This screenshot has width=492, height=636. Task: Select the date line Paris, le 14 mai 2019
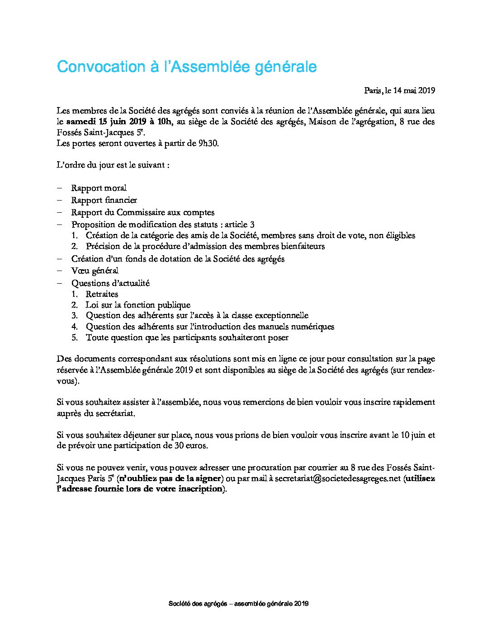point(399,90)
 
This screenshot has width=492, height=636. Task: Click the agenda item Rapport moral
point(99,188)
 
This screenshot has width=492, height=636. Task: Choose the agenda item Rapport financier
point(104,200)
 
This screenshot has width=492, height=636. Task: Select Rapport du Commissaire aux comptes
point(142,212)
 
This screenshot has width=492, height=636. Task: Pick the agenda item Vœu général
point(95,271)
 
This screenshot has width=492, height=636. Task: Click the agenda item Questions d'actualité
point(110,283)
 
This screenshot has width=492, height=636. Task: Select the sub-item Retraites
point(102,294)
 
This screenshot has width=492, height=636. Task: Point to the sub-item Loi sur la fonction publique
point(138,305)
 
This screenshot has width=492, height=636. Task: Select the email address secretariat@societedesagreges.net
point(338,478)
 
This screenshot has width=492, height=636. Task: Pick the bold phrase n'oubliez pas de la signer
point(170,478)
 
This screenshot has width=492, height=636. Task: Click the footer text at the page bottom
point(238,603)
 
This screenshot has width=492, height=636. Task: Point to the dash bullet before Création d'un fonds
point(59,259)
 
